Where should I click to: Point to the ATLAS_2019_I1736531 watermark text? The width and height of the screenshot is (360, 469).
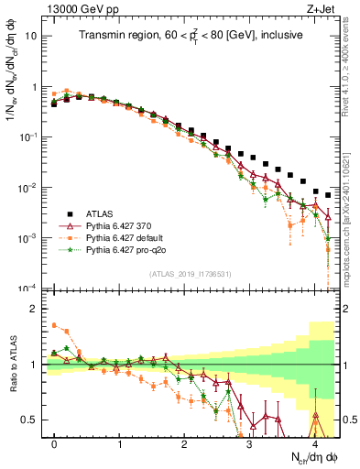pos(189,275)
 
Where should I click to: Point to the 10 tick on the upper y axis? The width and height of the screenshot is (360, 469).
pos(33,38)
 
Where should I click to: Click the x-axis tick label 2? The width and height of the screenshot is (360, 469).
pos(185,443)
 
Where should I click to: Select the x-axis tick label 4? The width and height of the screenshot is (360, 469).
pos(314,443)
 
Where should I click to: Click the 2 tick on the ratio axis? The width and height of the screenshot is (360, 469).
pos(35,309)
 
